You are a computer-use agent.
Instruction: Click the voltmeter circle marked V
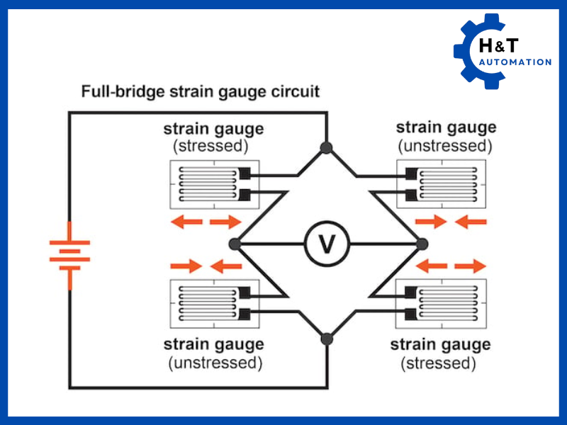click(x=326, y=244)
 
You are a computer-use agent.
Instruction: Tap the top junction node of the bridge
click(x=326, y=147)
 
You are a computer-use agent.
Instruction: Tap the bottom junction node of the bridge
click(x=326, y=339)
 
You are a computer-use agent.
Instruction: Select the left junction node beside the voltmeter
click(x=235, y=244)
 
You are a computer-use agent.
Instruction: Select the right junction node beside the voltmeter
click(x=422, y=244)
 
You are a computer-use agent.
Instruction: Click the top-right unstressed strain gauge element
click(x=443, y=185)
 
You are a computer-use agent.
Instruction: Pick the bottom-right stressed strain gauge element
click(x=443, y=304)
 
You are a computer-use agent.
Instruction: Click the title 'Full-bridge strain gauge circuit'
click(x=200, y=91)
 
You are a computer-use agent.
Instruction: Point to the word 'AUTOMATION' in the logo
click(x=515, y=62)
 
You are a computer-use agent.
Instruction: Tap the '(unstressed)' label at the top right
click(x=445, y=147)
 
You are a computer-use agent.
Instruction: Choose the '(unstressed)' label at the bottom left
click(x=215, y=363)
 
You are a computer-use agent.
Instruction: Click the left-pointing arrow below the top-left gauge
click(x=186, y=222)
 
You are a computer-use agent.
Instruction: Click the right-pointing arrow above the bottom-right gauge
click(x=471, y=266)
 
